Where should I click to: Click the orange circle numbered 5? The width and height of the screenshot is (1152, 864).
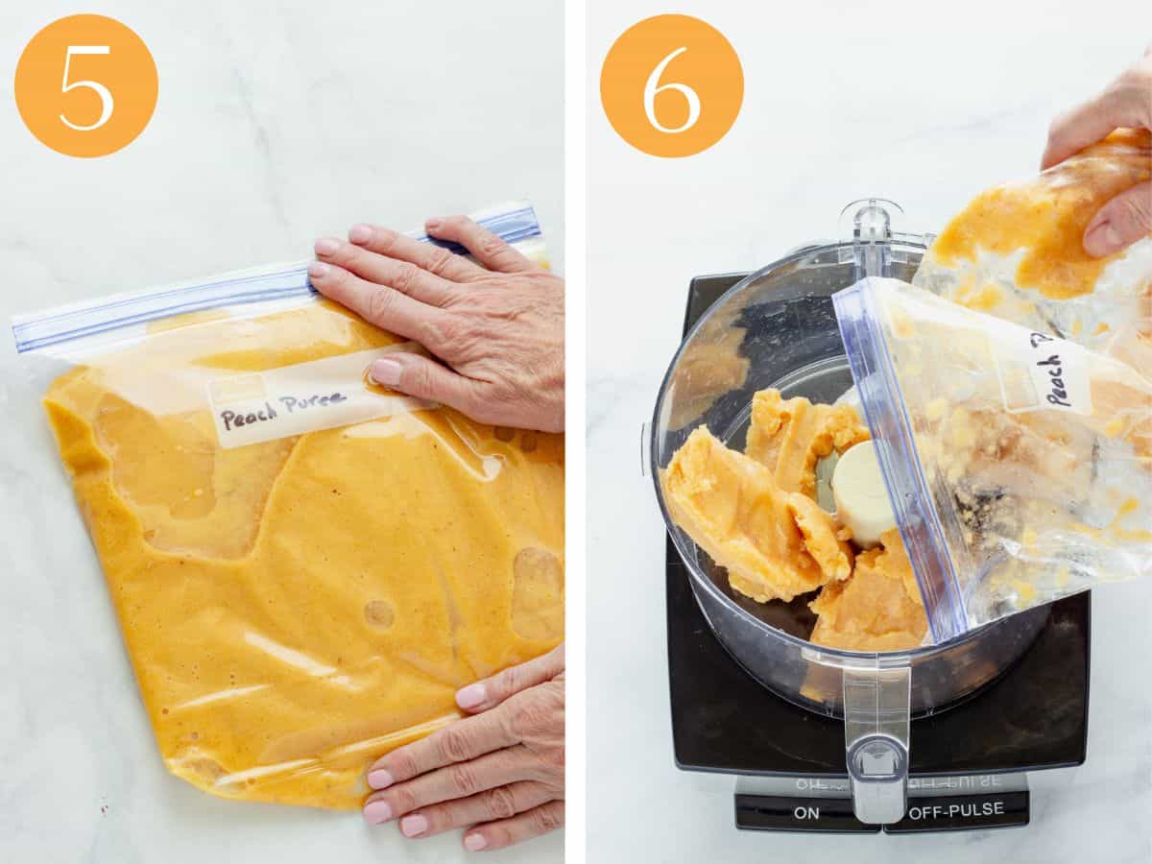[x=86, y=86]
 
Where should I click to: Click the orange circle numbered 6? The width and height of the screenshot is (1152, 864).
[x=672, y=86]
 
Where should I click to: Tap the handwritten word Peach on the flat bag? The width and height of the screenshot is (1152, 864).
[x=250, y=415]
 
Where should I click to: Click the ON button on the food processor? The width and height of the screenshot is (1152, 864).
[x=805, y=812]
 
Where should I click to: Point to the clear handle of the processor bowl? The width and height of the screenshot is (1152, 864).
[x=876, y=739]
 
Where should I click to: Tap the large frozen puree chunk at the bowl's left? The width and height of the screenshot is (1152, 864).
[x=739, y=509]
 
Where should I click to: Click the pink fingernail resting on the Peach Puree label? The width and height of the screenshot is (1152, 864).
[x=387, y=372]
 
